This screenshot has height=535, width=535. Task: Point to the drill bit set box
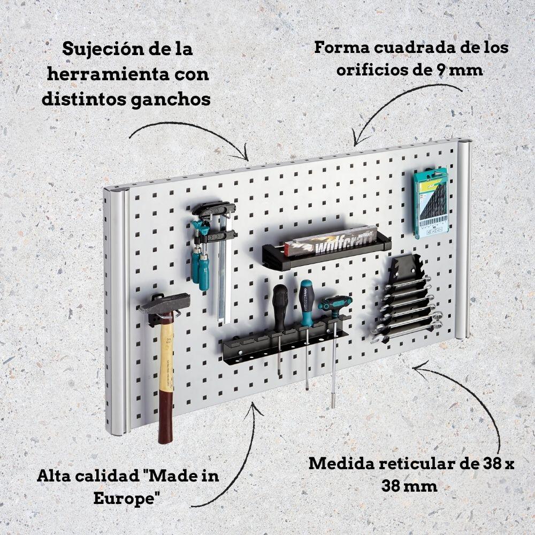pos(431,203)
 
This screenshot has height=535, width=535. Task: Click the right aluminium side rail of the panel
pos(464,241)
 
